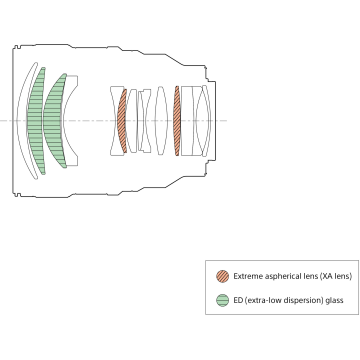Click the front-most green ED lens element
click(x=35, y=121)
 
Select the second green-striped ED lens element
click(x=53, y=121)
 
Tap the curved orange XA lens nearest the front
click(x=122, y=121)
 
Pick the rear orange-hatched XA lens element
click(x=177, y=121)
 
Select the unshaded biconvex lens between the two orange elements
click(x=161, y=121)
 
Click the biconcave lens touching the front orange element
click(x=114, y=121)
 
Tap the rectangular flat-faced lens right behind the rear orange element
click(x=187, y=121)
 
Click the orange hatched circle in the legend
click(x=223, y=276)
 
